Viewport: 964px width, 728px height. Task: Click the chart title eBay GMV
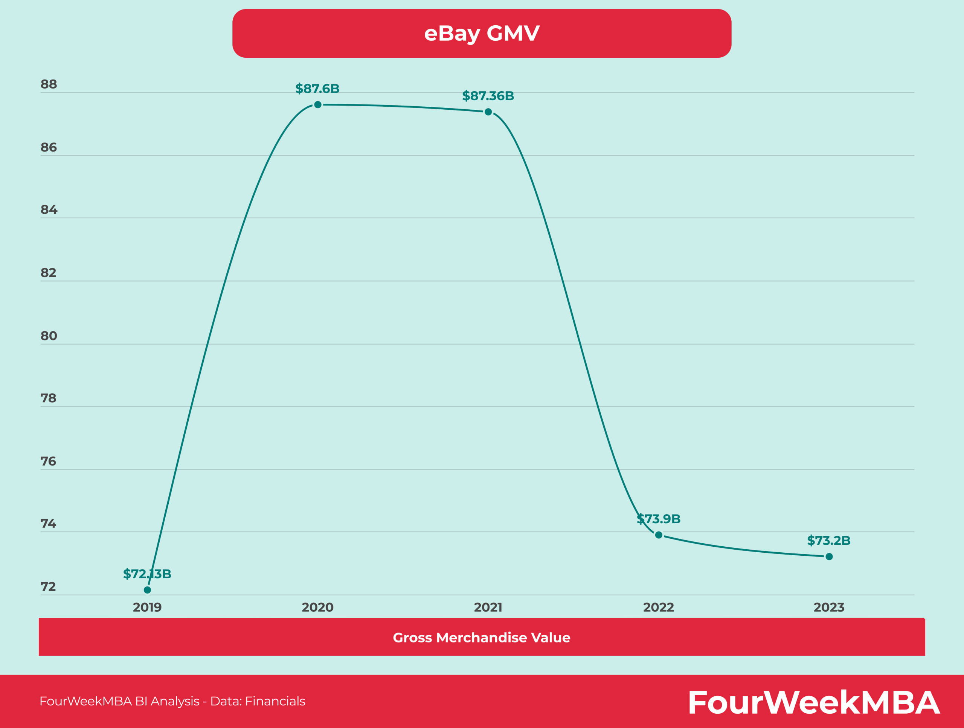[482, 33]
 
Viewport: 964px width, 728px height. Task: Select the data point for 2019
[147, 590]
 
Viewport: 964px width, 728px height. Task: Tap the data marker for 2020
[318, 105]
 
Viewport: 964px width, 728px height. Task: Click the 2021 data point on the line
[488, 112]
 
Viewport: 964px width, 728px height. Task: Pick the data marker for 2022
[659, 535]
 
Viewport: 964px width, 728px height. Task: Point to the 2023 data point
[829, 556]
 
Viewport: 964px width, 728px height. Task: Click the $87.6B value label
[317, 89]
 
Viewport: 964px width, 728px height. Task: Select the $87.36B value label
[488, 96]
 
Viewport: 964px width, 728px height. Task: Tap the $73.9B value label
[659, 519]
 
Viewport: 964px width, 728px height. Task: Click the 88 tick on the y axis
[49, 84]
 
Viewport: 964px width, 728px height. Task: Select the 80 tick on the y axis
[49, 336]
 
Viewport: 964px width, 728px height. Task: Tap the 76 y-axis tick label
[48, 461]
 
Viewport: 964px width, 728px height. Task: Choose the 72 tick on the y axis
[48, 587]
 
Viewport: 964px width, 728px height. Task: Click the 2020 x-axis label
[318, 607]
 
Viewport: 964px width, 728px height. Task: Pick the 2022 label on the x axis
[659, 607]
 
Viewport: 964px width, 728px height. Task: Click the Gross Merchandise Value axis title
[482, 638]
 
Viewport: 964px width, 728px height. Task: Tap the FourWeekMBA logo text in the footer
[813, 702]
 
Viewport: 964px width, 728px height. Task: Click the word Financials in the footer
[275, 701]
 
